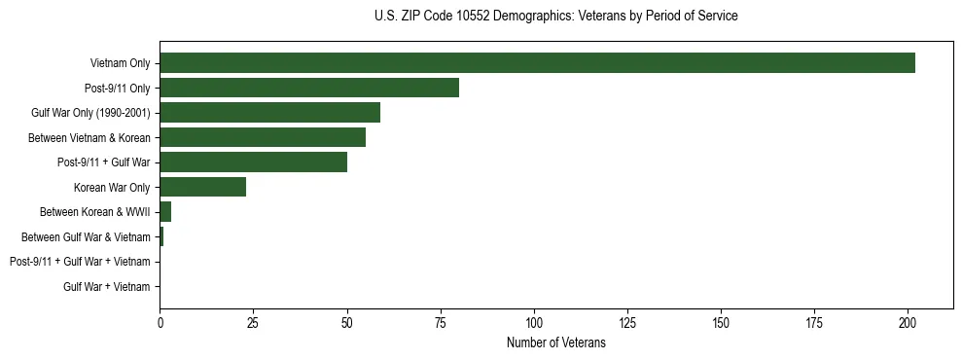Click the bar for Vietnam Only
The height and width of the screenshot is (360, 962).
click(537, 63)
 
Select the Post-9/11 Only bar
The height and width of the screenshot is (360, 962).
click(309, 88)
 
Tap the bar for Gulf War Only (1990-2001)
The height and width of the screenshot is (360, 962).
click(269, 113)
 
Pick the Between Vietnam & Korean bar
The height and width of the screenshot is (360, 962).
click(263, 137)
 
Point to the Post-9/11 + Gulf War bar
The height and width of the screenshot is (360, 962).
click(253, 162)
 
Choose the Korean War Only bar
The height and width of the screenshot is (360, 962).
click(202, 187)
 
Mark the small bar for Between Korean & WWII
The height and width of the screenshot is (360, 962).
click(165, 211)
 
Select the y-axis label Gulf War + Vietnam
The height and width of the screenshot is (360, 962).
click(106, 287)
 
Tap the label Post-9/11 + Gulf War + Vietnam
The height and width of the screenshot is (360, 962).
click(80, 262)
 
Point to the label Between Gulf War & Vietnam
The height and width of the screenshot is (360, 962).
click(86, 236)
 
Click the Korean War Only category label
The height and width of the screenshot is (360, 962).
click(112, 187)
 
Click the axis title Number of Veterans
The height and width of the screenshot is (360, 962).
click(555, 342)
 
